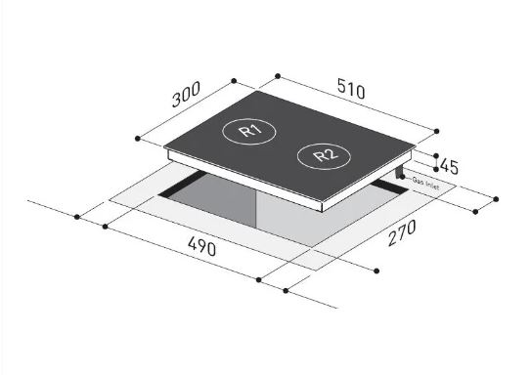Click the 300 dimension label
[186, 95]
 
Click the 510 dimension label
[351, 88]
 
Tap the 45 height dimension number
[450, 167]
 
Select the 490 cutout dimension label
[201, 246]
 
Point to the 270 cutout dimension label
[402, 232]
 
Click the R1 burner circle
[249, 131]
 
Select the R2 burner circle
[324, 156]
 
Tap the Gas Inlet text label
[425, 184]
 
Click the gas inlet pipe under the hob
[399, 173]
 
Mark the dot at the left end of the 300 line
[138, 139]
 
